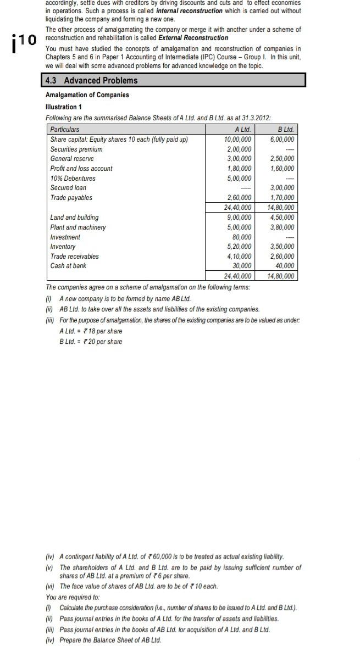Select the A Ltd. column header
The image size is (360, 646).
242,130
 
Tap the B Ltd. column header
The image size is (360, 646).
286,130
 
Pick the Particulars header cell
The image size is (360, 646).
65,130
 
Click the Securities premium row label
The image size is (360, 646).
76,149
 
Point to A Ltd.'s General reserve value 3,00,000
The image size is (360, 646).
239,159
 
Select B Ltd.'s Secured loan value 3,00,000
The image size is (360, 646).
283,188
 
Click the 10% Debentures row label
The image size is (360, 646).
73,178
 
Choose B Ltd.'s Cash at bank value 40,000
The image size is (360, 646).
285,266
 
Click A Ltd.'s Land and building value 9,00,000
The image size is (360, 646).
239,218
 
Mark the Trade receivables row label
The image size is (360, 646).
75,256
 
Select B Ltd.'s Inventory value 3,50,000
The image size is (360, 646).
283,247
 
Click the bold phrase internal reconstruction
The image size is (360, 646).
189,10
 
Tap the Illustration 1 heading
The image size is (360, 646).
63,107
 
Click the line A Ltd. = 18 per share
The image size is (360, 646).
91,331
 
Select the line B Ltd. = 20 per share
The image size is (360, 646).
91,342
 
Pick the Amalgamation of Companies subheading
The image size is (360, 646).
87,95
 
